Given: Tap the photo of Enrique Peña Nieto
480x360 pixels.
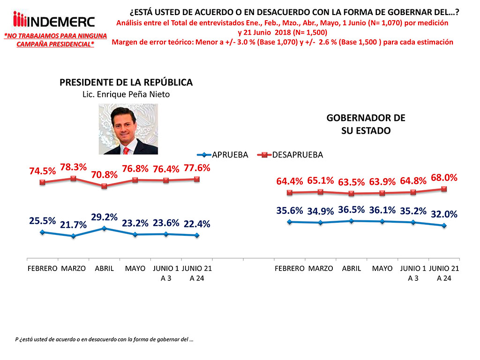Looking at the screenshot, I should [x=127, y=129].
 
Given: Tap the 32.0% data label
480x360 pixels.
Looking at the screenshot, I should [x=444, y=215].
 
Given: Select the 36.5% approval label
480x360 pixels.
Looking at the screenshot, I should [x=352, y=210].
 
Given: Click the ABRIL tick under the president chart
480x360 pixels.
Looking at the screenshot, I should [x=104, y=269].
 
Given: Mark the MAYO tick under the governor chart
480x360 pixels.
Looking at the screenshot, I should [x=382, y=269].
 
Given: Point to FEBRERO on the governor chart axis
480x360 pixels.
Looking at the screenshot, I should [x=290, y=269].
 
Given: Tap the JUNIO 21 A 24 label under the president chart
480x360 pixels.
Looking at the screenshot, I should [x=196, y=273].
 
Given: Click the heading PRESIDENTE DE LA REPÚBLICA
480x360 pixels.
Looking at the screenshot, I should [x=126, y=82].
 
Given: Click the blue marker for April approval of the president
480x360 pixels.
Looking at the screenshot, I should [x=104, y=228].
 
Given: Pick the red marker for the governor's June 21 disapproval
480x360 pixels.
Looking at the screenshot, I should [x=444, y=189].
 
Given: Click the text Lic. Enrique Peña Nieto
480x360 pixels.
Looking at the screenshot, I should [x=126, y=94].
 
